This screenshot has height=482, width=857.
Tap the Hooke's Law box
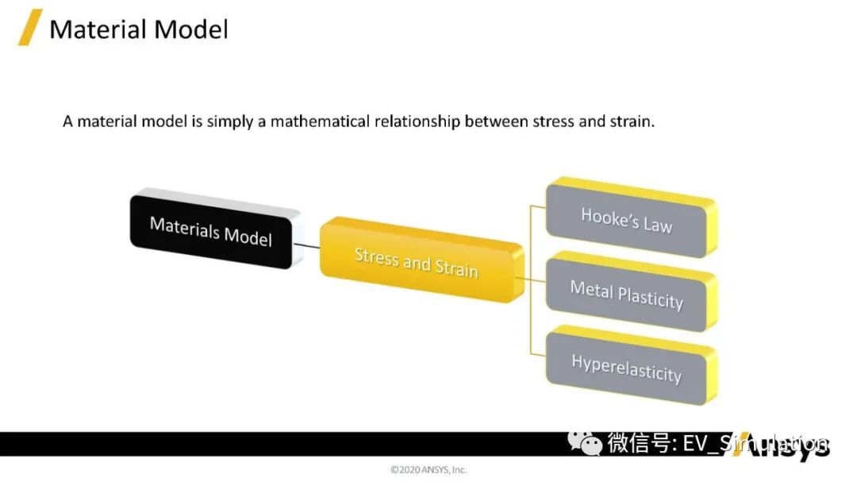pyautogui.click(x=626, y=219)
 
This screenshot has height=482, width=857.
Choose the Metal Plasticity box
pyautogui.click(x=626, y=294)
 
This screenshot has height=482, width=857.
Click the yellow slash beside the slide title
pyautogui.click(x=30, y=29)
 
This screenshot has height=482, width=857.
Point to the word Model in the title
pyautogui.click(x=193, y=29)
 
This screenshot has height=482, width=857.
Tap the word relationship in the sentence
pyautogui.click(x=421, y=122)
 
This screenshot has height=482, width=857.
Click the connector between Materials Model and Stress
pyautogui.click(x=307, y=246)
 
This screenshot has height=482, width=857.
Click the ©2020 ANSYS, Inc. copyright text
pyautogui.click(x=428, y=469)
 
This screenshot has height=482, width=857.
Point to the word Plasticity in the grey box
pyautogui.click(x=651, y=298)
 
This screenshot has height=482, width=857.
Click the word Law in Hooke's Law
pyautogui.click(x=657, y=224)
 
